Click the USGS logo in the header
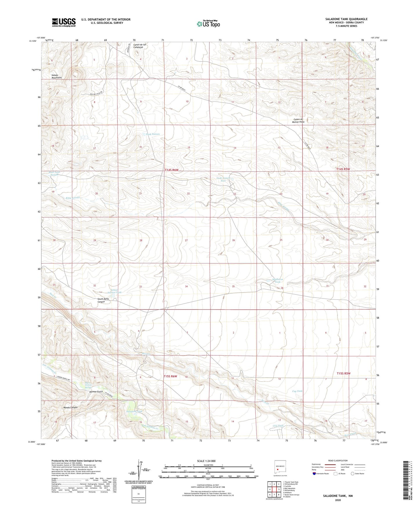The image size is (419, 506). pyautogui.click(x=64, y=22)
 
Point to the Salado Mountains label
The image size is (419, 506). pyautogui.click(x=57, y=77)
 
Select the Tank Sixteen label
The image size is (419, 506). pyautogui.click(x=153, y=134)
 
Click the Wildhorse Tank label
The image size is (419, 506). pyautogui.click(x=277, y=281)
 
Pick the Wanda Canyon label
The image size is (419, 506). pyautogui.click(x=70, y=407)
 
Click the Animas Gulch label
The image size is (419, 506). pyautogui.click(x=96, y=392)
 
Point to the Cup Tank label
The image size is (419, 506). pyautogui.click(x=297, y=391)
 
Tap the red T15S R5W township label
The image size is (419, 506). pyautogui.click(x=343, y=373)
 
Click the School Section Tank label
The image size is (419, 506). pyautogui.click(x=115, y=291)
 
